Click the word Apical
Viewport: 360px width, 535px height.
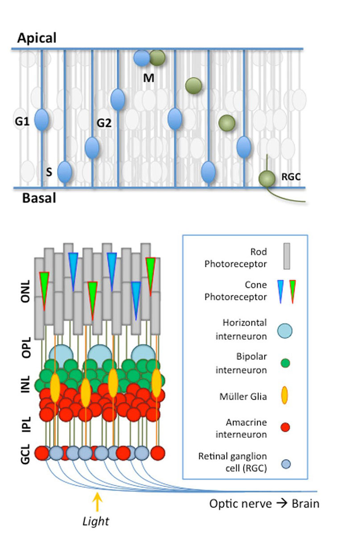[37, 38]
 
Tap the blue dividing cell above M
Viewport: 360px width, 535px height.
[142, 58]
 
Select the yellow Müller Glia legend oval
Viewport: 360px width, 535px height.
[285, 395]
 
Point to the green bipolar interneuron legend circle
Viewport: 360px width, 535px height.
[285, 363]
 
